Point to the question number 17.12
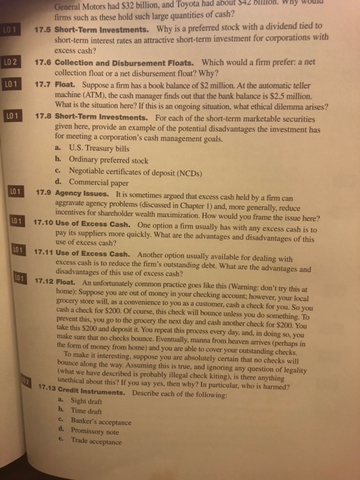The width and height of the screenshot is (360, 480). (x=45, y=281)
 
